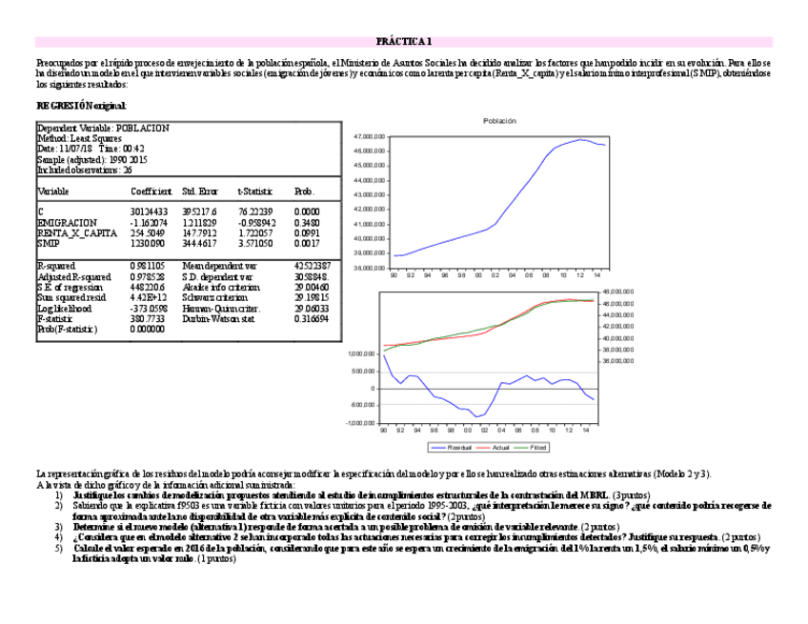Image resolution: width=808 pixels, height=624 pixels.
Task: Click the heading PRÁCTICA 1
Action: tap(404, 42)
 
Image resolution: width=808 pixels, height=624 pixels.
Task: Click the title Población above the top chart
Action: tap(499, 121)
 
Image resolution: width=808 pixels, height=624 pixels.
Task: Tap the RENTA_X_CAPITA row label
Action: tap(77, 232)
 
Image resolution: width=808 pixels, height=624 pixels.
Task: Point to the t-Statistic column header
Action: tap(253, 192)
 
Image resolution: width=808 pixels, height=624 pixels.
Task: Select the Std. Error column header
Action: tap(199, 192)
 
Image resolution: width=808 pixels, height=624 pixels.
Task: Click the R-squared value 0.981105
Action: tap(148, 266)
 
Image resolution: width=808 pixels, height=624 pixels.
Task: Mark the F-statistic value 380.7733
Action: tap(148, 319)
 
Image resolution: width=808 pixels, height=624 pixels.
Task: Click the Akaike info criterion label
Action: tap(219, 287)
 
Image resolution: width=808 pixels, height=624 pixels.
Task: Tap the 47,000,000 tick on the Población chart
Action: tap(370, 137)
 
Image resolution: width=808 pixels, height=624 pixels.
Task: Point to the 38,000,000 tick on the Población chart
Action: tap(370, 268)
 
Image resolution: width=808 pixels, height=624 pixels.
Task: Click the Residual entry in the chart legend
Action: tap(454, 447)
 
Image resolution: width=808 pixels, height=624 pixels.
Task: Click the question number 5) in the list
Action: tap(58, 550)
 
